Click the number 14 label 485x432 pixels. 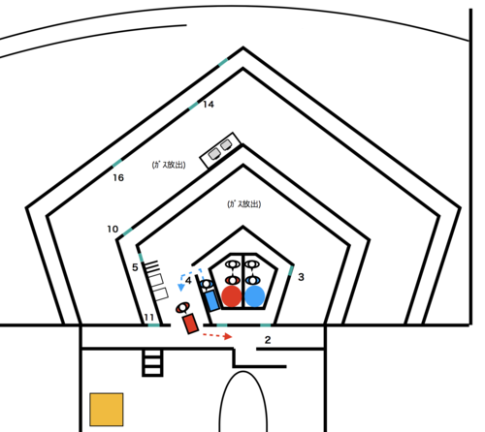(209, 105)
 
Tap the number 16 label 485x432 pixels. (118, 177)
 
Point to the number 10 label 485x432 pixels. (113, 230)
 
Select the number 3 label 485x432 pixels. (301, 277)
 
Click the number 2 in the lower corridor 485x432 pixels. (268, 340)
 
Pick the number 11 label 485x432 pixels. (149, 318)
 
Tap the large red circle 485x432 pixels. (232, 295)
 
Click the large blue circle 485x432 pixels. (255, 295)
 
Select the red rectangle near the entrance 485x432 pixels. (190, 324)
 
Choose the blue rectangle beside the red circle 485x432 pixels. (211, 300)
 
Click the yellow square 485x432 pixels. (107, 410)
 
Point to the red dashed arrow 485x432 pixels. (217, 336)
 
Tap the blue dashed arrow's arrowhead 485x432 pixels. (181, 287)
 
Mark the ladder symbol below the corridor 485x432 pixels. (152, 363)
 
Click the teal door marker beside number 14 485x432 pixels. (193, 106)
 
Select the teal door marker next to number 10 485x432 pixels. (127, 231)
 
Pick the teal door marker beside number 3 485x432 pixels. (291, 270)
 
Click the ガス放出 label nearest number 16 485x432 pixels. (169, 165)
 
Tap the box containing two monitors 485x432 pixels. (220, 150)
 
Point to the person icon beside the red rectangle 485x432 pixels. (182, 307)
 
